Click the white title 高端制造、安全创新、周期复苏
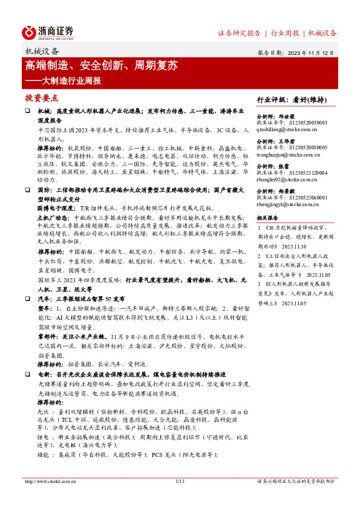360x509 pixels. click(101, 65)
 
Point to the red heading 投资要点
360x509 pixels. click(41, 98)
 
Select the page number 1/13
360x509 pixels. click(180, 481)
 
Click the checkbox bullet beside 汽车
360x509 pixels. click(28, 299)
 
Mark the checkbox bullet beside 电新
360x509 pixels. click(28, 375)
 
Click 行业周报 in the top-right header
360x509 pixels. click(286, 33)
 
